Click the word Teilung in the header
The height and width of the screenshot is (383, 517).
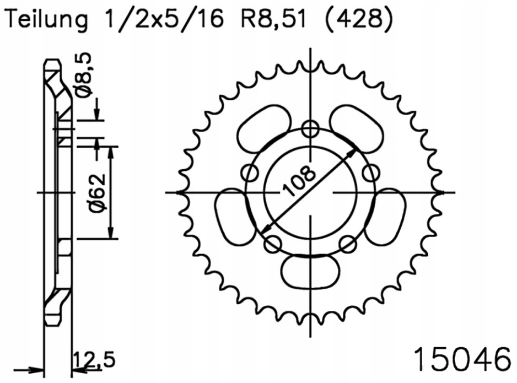tap(47, 20)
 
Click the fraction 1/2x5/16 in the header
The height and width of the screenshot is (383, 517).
tap(161, 20)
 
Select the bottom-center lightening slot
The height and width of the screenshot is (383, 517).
tap(310, 272)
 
